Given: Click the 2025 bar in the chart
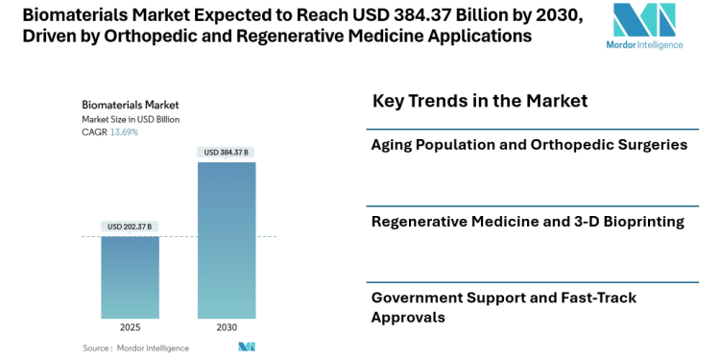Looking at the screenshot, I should coord(130,277).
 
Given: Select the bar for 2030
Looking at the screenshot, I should coord(227,240).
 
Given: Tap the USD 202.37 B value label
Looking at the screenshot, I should coord(130,227).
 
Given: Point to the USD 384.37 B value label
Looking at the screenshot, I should coord(227,152).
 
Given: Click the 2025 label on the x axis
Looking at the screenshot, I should coord(130,327).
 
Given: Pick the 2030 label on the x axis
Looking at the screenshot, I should coord(227,327).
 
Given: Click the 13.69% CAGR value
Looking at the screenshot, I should coord(124,132).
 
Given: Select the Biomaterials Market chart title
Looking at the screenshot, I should coord(130,105).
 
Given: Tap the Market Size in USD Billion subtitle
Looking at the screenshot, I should coord(131,119).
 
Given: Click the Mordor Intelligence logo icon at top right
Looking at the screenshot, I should coord(644,22).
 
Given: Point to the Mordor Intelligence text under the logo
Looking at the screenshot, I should coord(644,45).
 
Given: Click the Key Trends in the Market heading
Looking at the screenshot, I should coord(479,101).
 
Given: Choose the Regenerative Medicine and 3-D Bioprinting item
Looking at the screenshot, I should coord(527,221).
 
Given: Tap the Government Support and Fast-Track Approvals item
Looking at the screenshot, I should coord(504,306).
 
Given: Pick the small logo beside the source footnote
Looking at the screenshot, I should coord(247,347).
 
